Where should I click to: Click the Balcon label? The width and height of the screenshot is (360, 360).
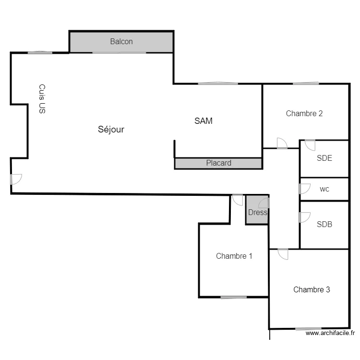point(121,42)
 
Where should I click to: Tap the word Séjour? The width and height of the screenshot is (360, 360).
point(111,130)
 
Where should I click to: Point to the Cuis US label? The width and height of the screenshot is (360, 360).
point(42,99)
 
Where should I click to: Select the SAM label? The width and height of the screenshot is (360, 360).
point(204,121)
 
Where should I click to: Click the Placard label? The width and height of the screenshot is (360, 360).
point(218,163)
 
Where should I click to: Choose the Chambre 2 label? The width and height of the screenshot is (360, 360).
point(304,113)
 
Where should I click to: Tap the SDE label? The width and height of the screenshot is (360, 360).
point(324,158)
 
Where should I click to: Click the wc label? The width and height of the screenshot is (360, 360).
point(324,189)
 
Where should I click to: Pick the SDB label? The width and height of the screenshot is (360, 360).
point(324,224)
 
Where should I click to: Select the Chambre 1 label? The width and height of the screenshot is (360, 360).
point(234,256)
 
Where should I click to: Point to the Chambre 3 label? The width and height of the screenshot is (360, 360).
point(312,289)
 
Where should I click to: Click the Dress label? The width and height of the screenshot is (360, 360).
point(258,212)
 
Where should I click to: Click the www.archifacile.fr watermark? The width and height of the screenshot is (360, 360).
point(330,333)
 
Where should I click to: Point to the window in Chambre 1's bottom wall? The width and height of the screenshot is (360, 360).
point(234,297)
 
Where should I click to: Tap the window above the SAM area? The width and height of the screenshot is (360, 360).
point(218,84)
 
